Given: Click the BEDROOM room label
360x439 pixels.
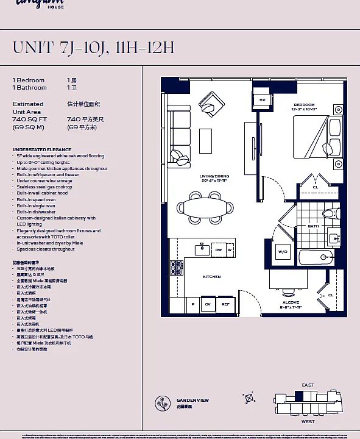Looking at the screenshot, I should pyautogui.click(x=304, y=105).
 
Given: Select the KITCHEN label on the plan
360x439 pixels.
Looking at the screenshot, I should pyautogui.click(x=211, y=277).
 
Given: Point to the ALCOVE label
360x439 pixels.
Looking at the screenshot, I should pyautogui.click(x=291, y=302).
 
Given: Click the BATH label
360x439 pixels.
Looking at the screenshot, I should pyautogui.click(x=313, y=226).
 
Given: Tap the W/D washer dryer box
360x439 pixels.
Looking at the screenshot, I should pyautogui.click(x=283, y=251).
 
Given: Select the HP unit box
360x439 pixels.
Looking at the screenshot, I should pyautogui.click(x=263, y=100).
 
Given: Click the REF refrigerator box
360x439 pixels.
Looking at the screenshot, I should pyautogui.click(x=225, y=304).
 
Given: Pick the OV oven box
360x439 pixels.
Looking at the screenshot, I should pyautogui.click(x=208, y=304).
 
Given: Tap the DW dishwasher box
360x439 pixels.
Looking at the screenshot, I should pyautogui.click(x=218, y=249).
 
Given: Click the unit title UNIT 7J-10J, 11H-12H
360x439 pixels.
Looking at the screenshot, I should pyautogui.click(x=93, y=48).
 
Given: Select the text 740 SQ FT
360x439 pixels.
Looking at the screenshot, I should pyautogui.click(x=29, y=120).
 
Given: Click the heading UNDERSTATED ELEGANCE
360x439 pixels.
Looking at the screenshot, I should pyautogui.click(x=42, y=149).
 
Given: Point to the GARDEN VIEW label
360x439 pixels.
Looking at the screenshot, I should pyautogui.click(x=192, y=400).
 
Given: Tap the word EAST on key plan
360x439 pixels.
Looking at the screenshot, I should pyautogui.click(x=308, y=385).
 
